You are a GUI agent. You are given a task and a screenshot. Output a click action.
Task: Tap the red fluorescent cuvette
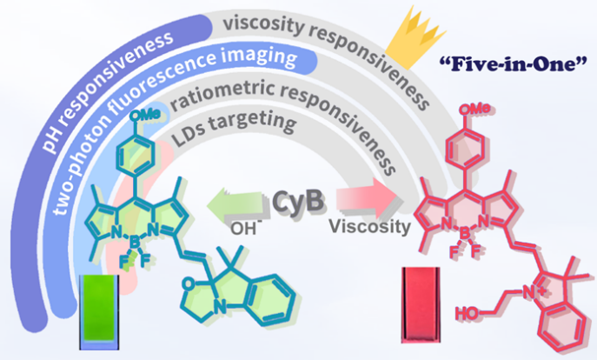coord(421,307)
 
